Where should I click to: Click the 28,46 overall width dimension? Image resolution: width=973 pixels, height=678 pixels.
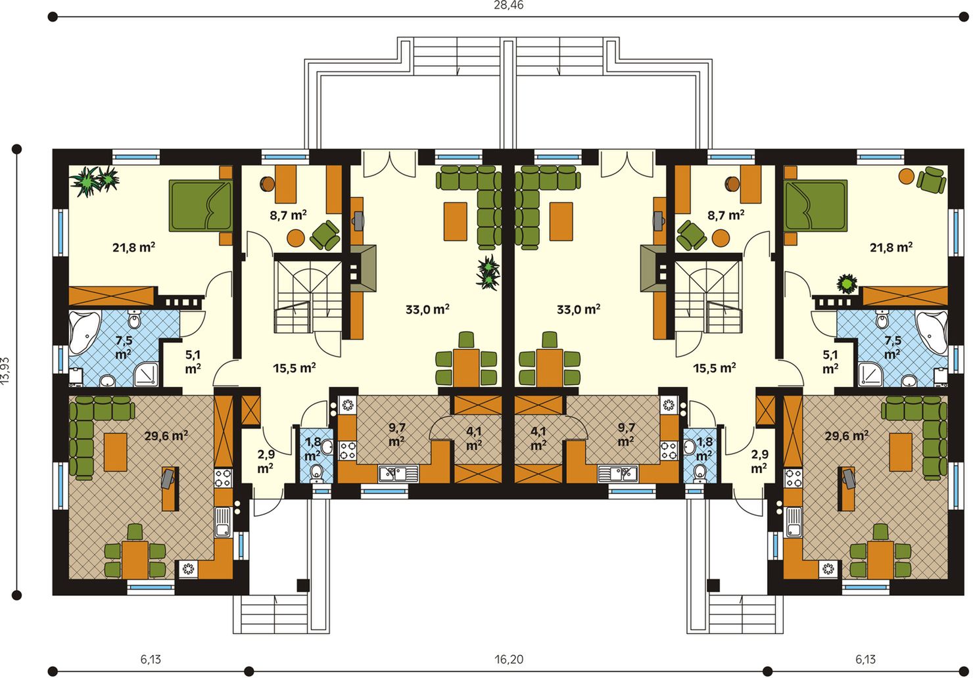tap(509, 5)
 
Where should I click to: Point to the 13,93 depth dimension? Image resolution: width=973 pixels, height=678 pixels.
tap(5, 372)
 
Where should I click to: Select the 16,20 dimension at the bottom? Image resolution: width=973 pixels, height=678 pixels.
tap(509, 660)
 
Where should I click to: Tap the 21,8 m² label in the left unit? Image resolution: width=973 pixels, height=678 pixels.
tap(134, 247)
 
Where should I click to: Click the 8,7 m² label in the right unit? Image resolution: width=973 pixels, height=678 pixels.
tap(726, 215)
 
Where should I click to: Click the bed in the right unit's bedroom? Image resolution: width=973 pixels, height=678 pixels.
tap(816, 205)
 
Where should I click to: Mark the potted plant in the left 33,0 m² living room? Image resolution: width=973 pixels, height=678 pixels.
tap(488, 272)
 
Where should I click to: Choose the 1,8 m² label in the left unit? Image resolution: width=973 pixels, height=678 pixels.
tap(313, 449)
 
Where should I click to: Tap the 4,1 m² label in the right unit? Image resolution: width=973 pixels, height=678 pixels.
tap(538, 438)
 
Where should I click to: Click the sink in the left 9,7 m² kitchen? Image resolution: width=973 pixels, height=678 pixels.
tap(398, 473)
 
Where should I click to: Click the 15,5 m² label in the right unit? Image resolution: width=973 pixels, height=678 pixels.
tap(715, 368)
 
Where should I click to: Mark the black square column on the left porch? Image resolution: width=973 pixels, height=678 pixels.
tap(303, 585)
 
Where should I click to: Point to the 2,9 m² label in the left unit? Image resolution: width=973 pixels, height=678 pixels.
tap(266, 461)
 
